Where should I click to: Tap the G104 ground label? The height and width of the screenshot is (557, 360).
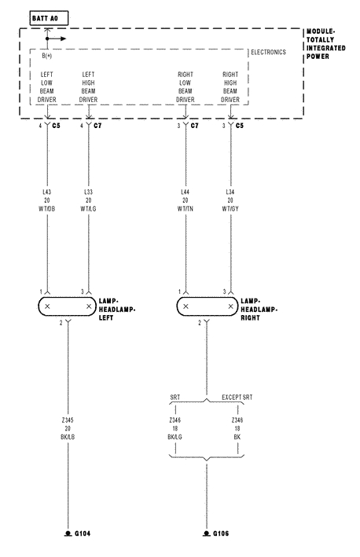(x=82, y=533)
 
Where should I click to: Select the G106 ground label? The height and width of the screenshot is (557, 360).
(x=220, y=533)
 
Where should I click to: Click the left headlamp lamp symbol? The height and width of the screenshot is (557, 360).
(x=68, y=306)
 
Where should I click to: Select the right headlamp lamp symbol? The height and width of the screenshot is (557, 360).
(x=208, y=306)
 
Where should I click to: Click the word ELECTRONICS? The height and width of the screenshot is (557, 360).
(x=268, y=53)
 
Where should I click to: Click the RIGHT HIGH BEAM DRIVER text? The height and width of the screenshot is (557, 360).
(x=230, y=87)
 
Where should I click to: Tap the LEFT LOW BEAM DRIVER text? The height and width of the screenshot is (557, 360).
(x=47, y=87)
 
